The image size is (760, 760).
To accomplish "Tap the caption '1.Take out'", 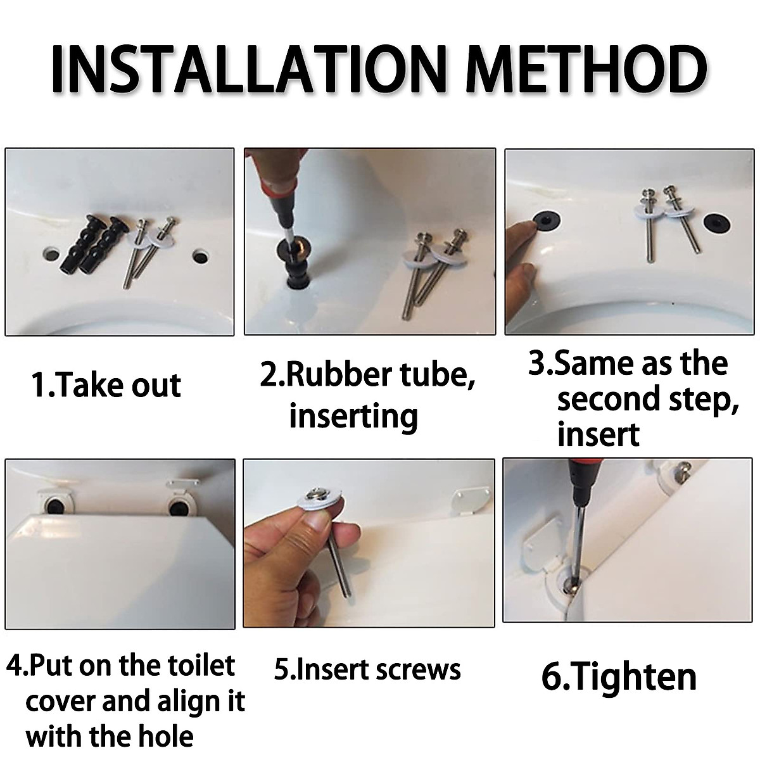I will [106, 385].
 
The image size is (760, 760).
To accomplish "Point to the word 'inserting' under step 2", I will [353, 416].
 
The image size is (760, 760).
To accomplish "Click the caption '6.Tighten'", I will [619, 676].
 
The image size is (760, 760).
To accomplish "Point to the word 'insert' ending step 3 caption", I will [598, 435].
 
